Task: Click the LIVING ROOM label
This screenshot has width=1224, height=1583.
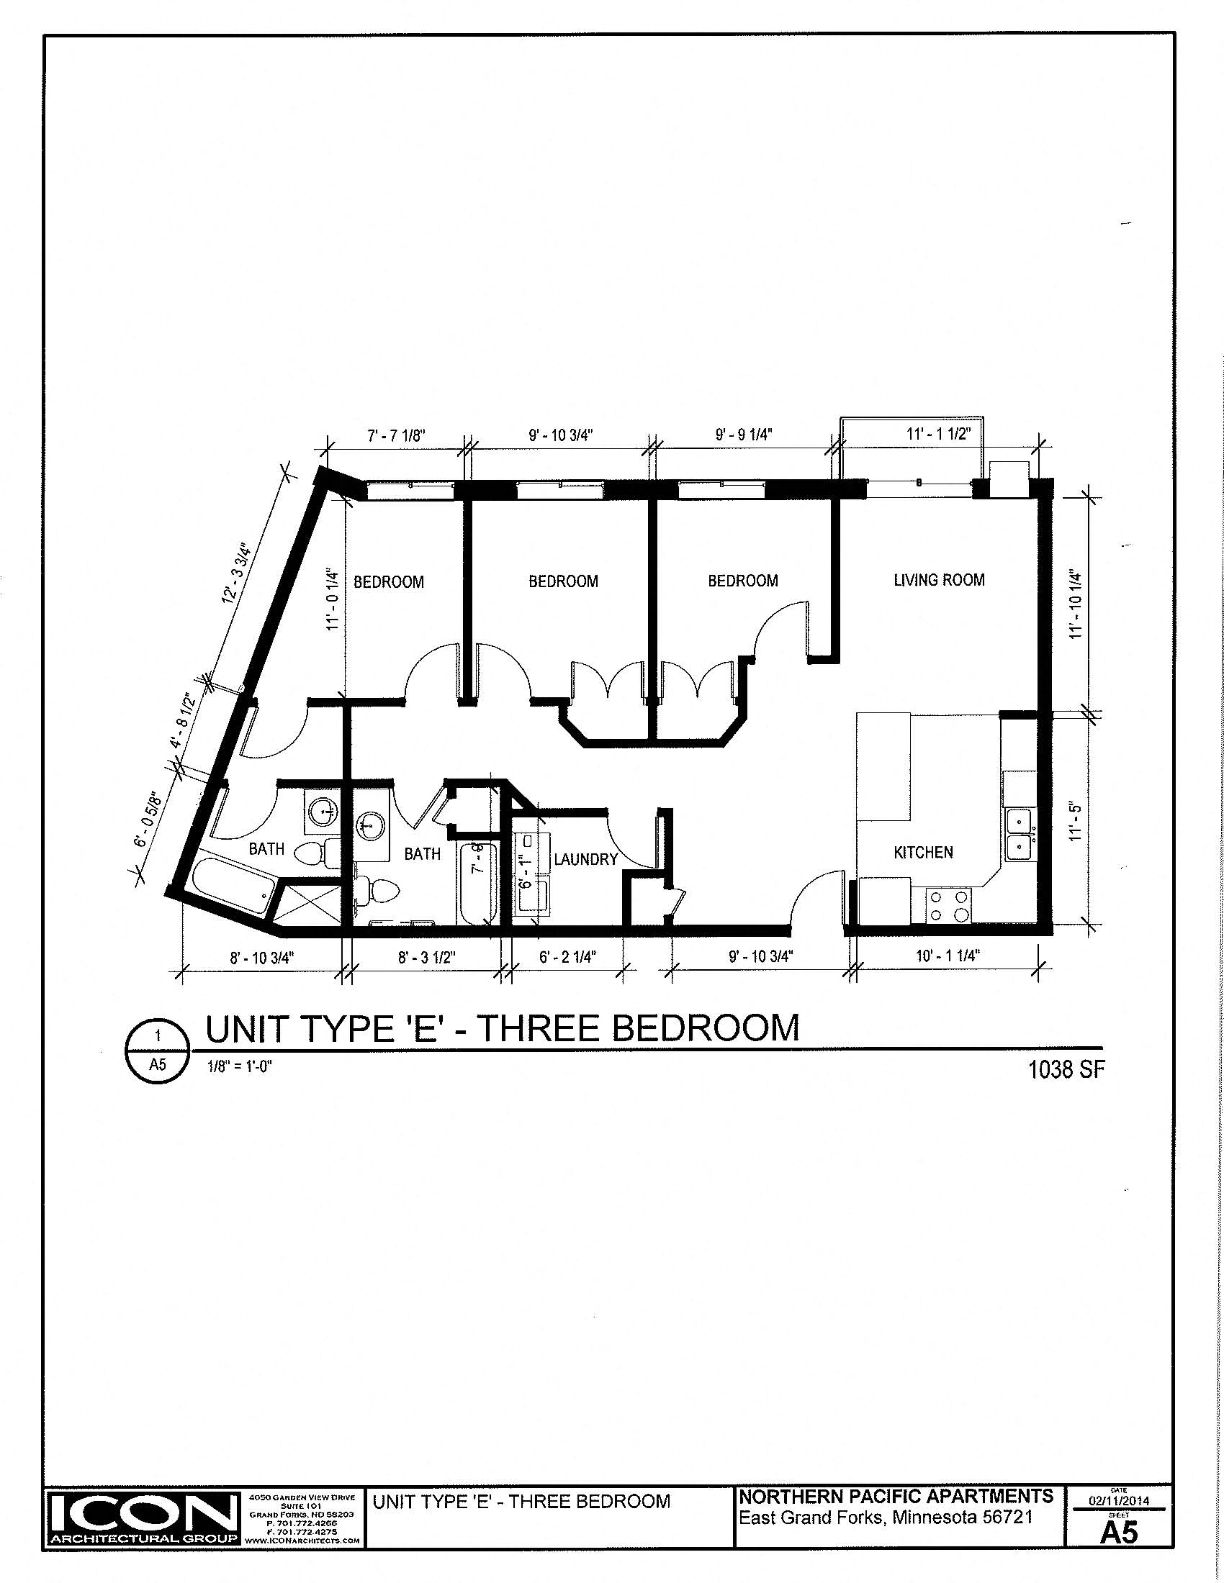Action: coord(939,580)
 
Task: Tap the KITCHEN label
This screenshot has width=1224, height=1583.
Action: coord(923,853)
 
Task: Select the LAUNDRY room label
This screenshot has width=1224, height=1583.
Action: coord(586,859)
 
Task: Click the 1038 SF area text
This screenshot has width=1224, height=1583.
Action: coord(1066,1070)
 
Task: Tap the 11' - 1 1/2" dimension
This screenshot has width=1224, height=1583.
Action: coord(937,433)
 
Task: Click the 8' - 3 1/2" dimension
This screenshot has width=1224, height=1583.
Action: coord(426,957)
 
